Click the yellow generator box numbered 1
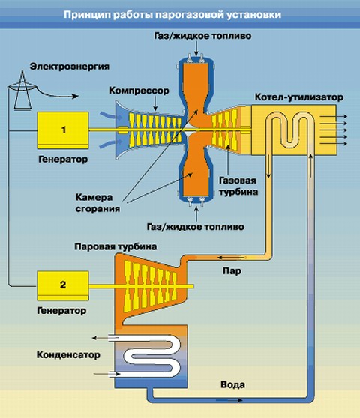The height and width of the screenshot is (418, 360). click(x=63, y=130)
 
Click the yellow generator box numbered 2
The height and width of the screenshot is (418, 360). click(x=63, y=285)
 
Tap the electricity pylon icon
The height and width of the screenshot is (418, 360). click(x=22, y=90)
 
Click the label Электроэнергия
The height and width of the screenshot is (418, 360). click(x=70, y=67)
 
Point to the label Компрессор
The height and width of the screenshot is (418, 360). click(x=139, y=91)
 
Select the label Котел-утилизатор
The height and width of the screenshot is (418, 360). click(x=299, y=97)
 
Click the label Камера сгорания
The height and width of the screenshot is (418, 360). click(x=97, y=203)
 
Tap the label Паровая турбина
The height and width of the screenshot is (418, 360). click(x=115, y=246)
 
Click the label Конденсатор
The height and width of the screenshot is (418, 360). click(x=68, y=355)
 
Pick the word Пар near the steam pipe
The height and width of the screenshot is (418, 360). click(x=232, y=271)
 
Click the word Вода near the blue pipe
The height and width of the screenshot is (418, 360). click(x=232, y=385)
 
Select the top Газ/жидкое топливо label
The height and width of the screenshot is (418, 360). click(x=202, y=36)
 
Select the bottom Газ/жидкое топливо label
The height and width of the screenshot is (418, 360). click(x=196, y=227)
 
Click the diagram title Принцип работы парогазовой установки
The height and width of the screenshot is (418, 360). click(x=172, y=14)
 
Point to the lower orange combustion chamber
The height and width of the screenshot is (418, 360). click(x=196, y=171)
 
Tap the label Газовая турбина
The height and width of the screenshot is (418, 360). click(x=238, y=186)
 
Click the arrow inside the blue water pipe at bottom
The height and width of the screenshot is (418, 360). click(x=229, y=400)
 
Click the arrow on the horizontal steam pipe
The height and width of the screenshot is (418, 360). click(x=231, y=258)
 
